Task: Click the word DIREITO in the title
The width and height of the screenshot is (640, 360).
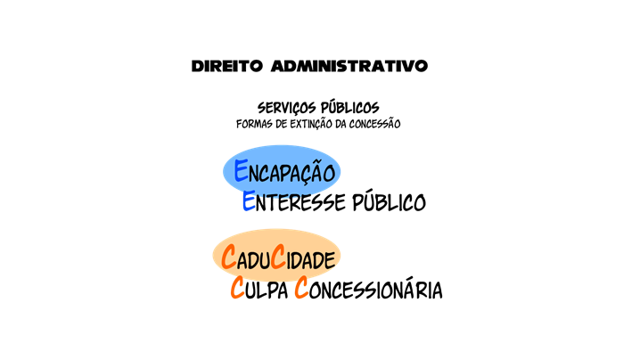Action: (x=227, y=66)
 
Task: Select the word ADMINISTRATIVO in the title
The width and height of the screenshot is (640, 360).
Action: (x=349, y=66)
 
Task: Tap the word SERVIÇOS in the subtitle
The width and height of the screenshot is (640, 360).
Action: (x=287, y=108)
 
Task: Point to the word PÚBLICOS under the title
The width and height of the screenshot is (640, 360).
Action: (x=350, y=108)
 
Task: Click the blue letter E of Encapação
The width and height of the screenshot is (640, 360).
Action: (x=241, y=170)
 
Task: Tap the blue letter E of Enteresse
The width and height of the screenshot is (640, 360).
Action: (x=249, y=200)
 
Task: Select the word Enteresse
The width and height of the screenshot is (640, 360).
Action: (x=294, y=201)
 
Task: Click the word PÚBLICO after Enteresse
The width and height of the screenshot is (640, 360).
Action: (x=390, y=200)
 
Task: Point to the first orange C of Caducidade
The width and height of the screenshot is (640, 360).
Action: (x=229, y=257)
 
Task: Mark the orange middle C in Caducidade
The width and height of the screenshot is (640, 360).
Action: (x=278, y=257)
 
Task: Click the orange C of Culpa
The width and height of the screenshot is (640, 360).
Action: (x=238, y=288)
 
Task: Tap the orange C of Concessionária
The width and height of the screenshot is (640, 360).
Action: (x=301, y=288)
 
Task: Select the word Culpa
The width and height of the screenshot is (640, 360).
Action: (x=259, y=288)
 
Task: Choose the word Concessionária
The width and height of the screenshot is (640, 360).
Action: (x=368, y=288)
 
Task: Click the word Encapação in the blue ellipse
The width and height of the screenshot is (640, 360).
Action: (x=284, y=171)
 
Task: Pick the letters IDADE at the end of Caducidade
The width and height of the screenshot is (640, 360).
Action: (x=311, y=259)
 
